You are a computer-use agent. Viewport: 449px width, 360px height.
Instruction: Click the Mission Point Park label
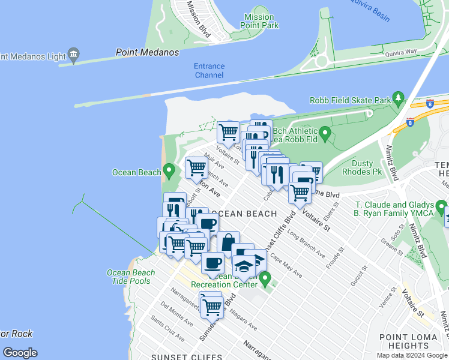tap(259, 22)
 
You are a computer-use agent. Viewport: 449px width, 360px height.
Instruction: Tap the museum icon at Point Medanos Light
tap(74, 55)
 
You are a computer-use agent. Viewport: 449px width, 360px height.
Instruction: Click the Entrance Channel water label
tap(209, 71)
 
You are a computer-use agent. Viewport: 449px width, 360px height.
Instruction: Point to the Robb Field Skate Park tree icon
tap(397, 97)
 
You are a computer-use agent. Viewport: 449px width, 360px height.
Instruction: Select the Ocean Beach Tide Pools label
tap(131, 277)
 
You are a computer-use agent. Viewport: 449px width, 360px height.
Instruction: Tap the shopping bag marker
tap(228, 242)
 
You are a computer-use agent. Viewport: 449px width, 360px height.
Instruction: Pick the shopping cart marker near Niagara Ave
tap(212, 307)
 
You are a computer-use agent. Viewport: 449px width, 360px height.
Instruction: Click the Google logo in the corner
tap(20, 353)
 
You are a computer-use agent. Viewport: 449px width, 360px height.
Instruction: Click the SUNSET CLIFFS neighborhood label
tap(178, 356)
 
